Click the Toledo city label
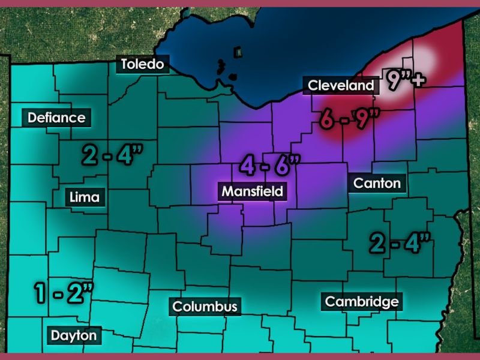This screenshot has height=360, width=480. (143, 64)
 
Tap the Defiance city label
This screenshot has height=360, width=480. (56, 118)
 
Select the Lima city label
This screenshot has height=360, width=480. (85, 196)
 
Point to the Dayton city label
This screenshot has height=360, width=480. (73, 335)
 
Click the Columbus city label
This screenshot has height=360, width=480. (205, 307)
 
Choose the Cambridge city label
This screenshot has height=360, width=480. (361, 301)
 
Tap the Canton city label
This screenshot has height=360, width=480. (377, 183)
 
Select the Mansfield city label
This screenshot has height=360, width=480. (252, 192)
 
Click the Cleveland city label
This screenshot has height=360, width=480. (341, 86)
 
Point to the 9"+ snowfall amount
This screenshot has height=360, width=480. (403, 80)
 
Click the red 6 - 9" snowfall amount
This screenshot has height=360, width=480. (346, 119)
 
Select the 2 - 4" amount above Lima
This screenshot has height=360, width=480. (112, 155)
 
